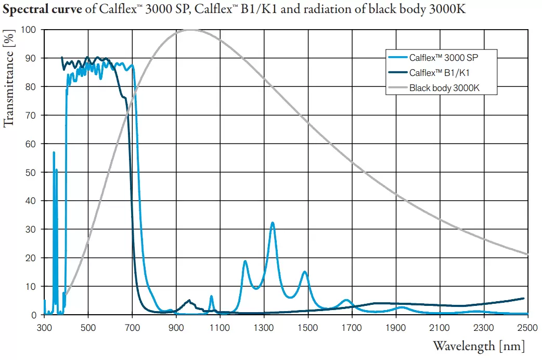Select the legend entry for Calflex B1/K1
pyautogui.click(x=442, y=72)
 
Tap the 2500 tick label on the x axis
pyautogui.click(x=526, y=328)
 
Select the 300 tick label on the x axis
pyautogui.click(x=44, y=328)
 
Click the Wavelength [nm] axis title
pyautogui.click(x=478, y=346)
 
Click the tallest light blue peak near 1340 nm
pyautogui.click(x=272, y=223)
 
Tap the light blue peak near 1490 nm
pyautogui.click(x=305, y=272)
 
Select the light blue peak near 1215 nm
pyautogui.click(x=245, y=261)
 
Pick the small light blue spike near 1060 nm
pyautogui.click(x=211, y=296)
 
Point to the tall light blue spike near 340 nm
pyautogui.click(x=54, y=152)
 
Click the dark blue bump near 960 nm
pyautogui.click(x=189, y=300)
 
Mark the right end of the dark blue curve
pyautogui.click(x=523, y=298)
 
